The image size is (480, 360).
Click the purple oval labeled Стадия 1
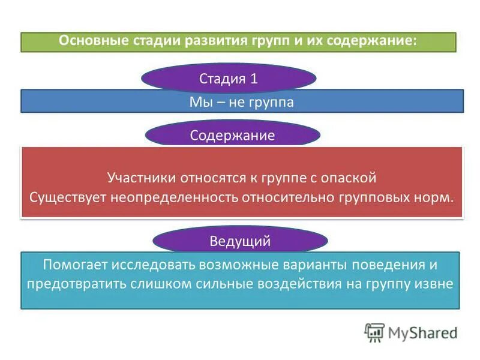pos(229,79)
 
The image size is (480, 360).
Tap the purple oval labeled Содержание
pos(232,135)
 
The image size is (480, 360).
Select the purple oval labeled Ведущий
pos(240,241)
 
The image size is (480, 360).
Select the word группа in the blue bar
pos(271,102)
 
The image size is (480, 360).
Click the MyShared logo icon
pos(374,332)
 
